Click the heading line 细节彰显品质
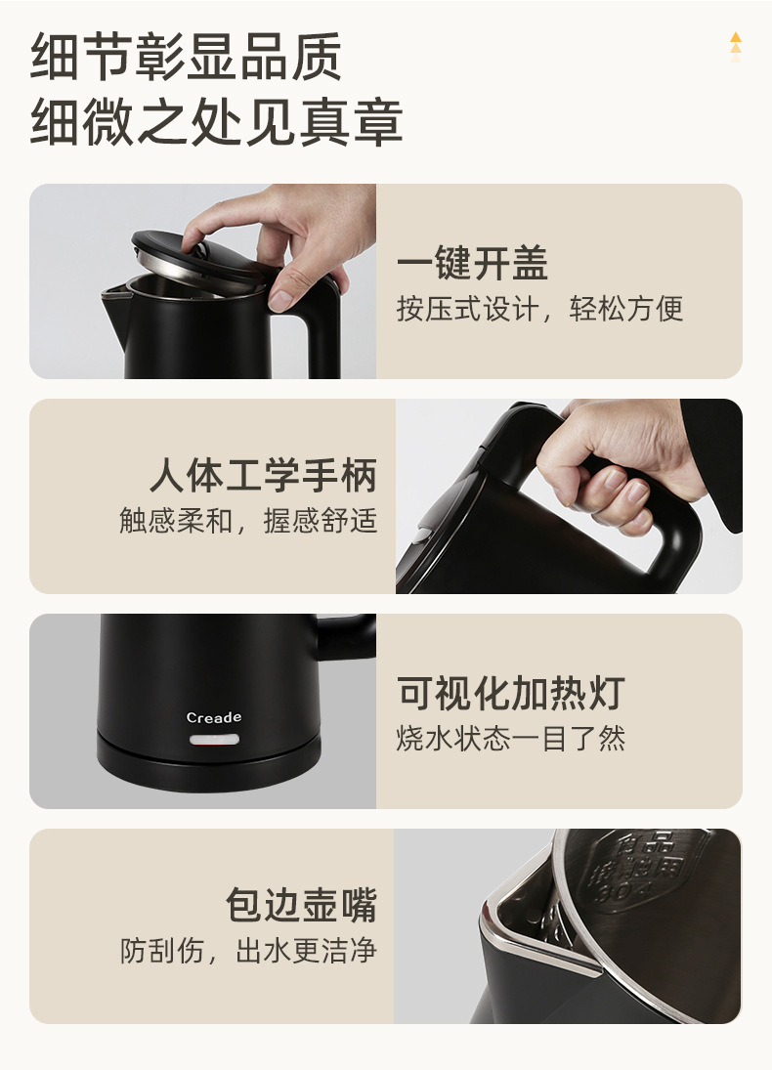(x=187, y=58)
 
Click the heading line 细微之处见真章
(x=216, y=122)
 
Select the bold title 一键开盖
(x=472, y=264)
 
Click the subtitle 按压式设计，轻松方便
(x=539, y=310)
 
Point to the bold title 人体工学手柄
(x=263, y=476)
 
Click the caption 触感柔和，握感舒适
(x=248, y=521)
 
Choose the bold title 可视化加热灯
(x=510, y=693)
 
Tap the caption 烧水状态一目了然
(x=510, y=738)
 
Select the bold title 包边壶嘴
(x=301, y=905)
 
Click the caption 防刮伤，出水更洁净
(x=248, y=951)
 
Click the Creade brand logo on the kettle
(x=214, y=718)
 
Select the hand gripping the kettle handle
(x=616, y=459)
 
